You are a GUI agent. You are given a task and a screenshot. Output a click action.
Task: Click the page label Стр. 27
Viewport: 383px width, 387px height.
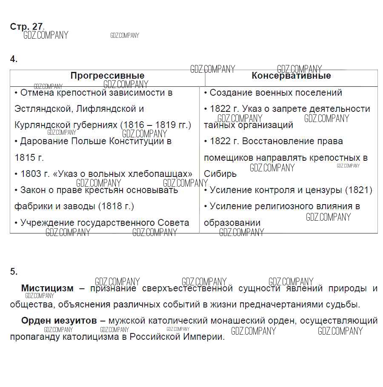point(26,26)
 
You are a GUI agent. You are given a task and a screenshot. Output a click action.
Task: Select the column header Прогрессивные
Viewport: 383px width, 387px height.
point(107,76)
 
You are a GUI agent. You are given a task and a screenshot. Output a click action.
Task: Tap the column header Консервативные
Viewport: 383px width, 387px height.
point(291,76)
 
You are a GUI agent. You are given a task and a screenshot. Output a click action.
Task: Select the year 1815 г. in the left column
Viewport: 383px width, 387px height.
point(29,157)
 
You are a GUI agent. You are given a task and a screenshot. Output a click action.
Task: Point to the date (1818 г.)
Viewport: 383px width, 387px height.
point(116,206)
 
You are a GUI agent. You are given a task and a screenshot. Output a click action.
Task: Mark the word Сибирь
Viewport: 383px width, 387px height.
point(220,174)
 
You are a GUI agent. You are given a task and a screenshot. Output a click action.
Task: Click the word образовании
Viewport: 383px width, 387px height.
point(232,223)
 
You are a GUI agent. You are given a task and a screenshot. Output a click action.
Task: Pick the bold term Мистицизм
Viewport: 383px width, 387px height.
point(47,288)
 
